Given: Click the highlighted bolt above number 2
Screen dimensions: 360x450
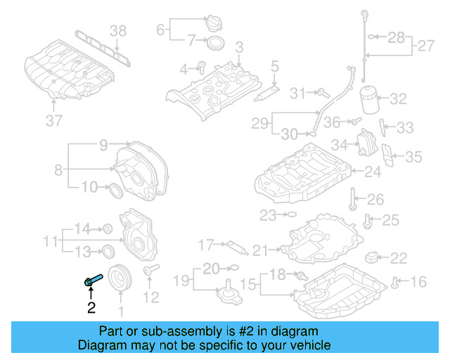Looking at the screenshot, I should tap(92, 281).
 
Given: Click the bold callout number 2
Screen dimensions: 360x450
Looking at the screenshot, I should tap(91, 307).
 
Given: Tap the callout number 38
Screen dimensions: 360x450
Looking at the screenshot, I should tap(118, 30).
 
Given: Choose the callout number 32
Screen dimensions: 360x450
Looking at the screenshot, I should tap(398, 98).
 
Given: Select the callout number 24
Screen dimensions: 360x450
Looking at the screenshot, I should tap(372, 171).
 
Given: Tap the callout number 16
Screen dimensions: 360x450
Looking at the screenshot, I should tap(418, 283).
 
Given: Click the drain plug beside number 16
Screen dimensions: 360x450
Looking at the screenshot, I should tap(396, 283).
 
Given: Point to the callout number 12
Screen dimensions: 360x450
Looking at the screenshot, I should tap(151, 297).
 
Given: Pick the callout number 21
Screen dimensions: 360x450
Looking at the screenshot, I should tap(261, 250).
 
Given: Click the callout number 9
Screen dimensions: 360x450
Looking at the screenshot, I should tap(103, 146).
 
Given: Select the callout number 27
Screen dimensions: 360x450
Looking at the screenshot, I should tap(426, 46).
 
